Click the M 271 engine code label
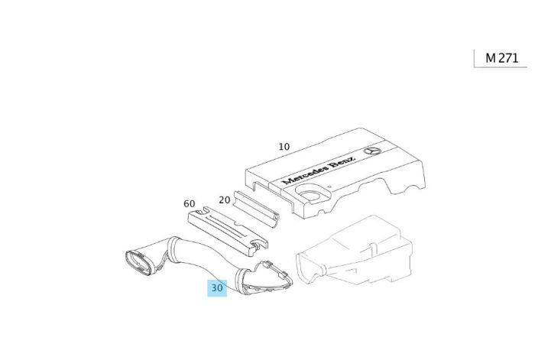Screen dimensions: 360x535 (x=501, y=57)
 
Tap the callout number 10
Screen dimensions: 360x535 (x=284, y=146)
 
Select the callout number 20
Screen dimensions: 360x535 (x=225, y=199)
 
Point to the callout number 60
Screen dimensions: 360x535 (x=190, y=203)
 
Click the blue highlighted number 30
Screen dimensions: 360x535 (x=217, y=288)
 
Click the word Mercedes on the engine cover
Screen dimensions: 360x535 (x=302, y=174)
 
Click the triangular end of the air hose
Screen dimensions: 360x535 (x=264, y=279)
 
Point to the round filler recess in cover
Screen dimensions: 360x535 (x=311, y=196)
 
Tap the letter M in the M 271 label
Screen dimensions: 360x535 (x=491, y=57)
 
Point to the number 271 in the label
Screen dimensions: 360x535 (x=508, y=57)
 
